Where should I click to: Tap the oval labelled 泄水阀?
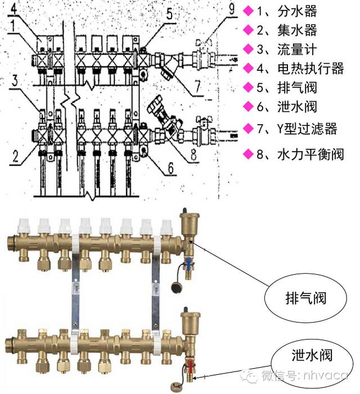[x=304, y=355]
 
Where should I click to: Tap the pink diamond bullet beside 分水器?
[x=247, y=11]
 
